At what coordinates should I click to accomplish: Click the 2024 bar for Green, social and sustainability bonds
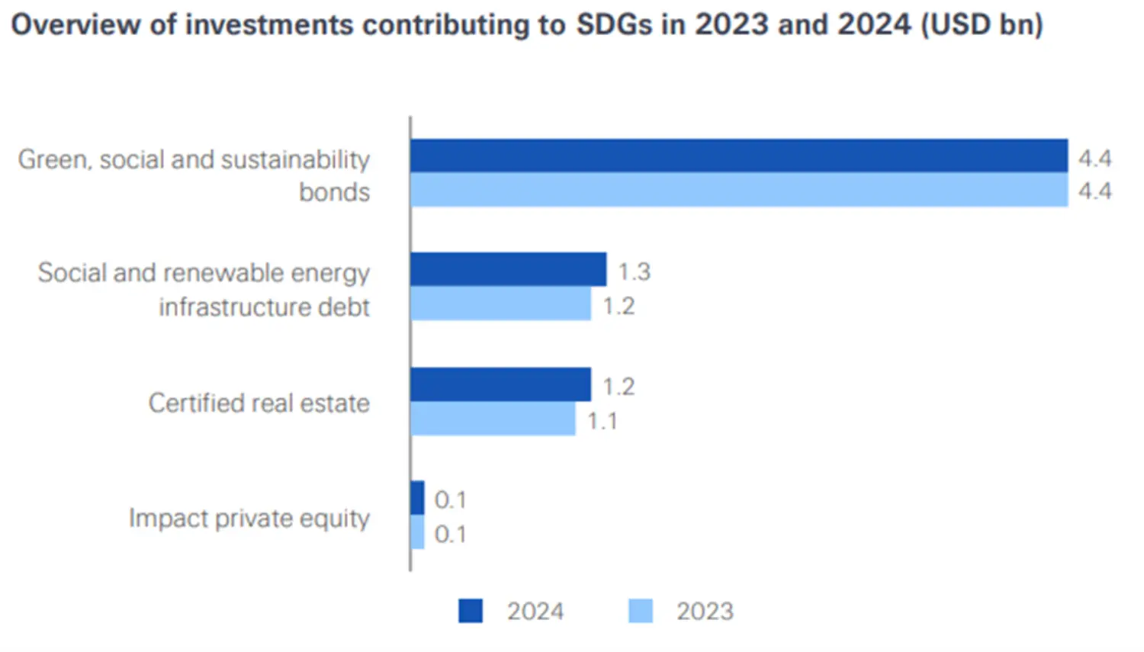click(x=738, y=156)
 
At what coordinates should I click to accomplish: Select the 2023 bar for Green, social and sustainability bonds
click(x=738, y=190)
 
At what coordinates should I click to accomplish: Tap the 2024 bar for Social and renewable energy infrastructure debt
click(x=508, y=270)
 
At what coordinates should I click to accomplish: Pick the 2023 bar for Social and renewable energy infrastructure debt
click(x=500, y=304)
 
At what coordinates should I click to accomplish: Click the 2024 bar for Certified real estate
click(x=500, y=384)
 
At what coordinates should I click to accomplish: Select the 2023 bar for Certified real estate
click(x=493, y=419)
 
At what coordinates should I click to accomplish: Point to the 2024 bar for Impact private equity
click(x=417, y=498)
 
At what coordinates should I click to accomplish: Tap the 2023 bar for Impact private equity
click(x=417, y=532)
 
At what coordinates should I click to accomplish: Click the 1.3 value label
click(x=634, y=271)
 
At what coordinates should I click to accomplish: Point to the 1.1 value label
click(x=602, y=421)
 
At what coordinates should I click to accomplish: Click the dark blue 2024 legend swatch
click(x=471, y=611)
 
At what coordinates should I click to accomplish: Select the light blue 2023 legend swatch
click(x=641, y=611)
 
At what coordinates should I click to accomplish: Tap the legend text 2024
click(x=535, y=611)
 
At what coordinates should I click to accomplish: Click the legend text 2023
click(x=705, y=611)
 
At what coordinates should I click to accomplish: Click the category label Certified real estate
click(x=259, y=403)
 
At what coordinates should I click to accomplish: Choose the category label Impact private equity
click(x=249, y=518)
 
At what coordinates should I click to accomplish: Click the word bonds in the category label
click(x=334, y=192)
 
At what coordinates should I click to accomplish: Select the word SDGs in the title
click(x=614, y=24)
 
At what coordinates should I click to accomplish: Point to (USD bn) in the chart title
click(x=982, y=24)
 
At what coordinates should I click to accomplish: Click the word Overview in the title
click(x=75, y=24)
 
